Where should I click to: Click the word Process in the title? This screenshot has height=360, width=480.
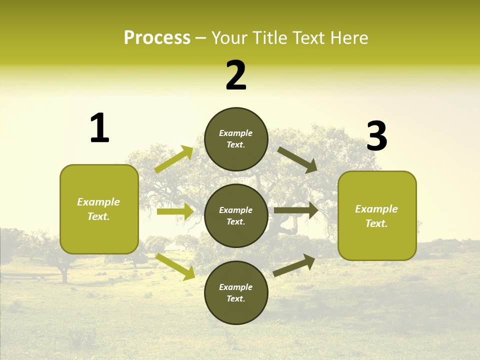(157, 38)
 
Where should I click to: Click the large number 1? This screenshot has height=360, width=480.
(99, 128)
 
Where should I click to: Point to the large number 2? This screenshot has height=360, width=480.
(236, 75)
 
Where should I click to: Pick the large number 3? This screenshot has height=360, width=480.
(376, 136)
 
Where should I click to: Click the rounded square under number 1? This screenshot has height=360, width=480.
(99, 209)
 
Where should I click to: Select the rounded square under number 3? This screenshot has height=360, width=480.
(377, 216)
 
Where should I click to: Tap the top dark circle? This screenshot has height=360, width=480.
(236, 139)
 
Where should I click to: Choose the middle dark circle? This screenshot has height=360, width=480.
(236, 216)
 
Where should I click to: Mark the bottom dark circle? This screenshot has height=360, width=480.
(236, 293)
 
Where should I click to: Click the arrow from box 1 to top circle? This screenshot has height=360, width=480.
(174, 159)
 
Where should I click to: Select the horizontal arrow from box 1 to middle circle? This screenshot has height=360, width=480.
(175, 211)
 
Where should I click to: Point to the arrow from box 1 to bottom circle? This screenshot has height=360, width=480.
(175, 266)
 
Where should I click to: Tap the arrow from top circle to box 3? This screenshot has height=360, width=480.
(297, 160)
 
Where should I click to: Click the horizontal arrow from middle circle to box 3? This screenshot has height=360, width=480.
(296, 210)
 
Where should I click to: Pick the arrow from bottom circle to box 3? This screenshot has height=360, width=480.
(294, 265)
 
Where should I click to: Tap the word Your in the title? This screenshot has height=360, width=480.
(229, 38)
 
